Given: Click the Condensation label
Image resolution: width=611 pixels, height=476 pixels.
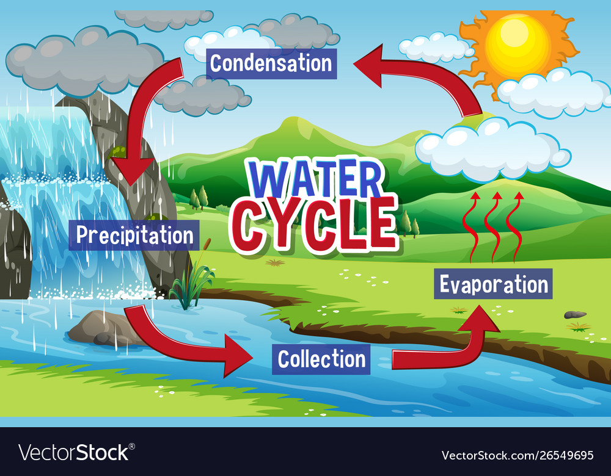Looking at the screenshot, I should click(x=271, y=63).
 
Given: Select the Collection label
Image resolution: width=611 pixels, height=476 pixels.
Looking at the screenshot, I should click(x=321, y=359).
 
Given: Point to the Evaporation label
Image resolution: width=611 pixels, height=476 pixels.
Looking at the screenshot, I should click(x=493, y=284).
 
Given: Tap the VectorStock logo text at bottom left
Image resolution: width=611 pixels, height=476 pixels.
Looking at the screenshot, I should click(x=73, y=452).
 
